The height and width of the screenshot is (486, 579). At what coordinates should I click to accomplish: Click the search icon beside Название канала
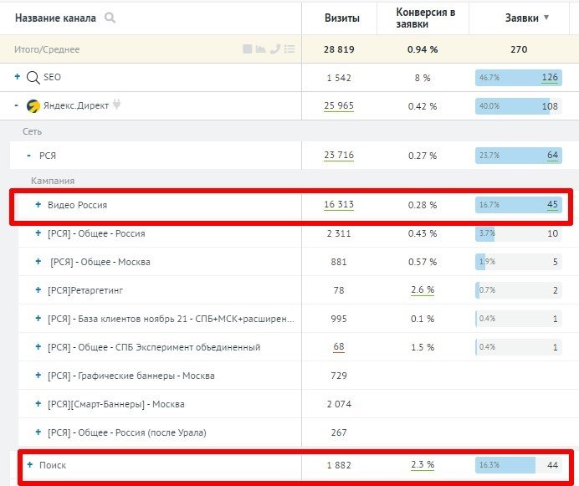(x=110, y=18)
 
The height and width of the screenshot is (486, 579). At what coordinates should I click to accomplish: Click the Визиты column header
(x=342, y=18)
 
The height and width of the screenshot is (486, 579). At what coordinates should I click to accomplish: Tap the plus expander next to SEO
(x=18, y=77)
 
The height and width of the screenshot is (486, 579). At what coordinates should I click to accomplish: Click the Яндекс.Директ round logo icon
(x=33, y=106)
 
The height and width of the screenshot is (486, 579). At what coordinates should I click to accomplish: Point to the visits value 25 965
(x=339, y=106)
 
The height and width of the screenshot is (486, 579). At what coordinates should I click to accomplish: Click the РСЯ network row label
(x=48, y=156)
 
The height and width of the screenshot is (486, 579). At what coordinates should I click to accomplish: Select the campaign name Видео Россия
(x=77, y=205)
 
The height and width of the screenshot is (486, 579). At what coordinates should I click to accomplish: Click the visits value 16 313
(x=339, y=205)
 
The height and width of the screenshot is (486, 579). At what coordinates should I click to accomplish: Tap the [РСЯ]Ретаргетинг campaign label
(x=86, y=290)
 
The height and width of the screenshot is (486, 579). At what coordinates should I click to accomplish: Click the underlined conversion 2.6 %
(x=423, y=290)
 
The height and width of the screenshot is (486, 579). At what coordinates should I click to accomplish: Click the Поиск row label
(x=52, y=465)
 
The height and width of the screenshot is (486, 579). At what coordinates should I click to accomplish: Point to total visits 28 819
(x=339, y=49)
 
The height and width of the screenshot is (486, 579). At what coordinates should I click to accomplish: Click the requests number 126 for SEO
(x=550, y=78)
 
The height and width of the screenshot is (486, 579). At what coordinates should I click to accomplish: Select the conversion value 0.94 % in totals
(x=423, y=49)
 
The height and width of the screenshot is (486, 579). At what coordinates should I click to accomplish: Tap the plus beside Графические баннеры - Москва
(x=38, y=376)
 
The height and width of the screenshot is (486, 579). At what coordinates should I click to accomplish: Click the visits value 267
(x=339, y=432)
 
